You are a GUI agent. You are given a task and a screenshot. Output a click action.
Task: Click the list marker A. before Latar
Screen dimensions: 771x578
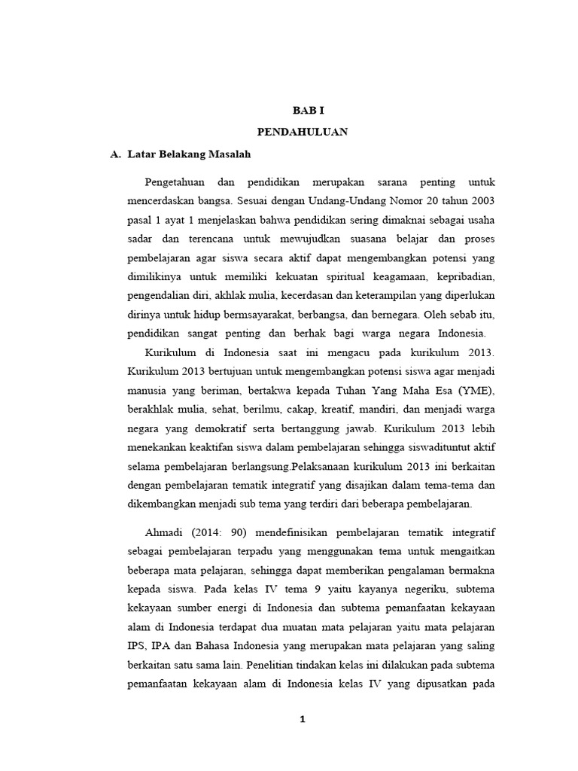point(115,154)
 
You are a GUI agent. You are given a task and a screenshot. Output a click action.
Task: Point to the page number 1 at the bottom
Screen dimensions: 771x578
point(302,719)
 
